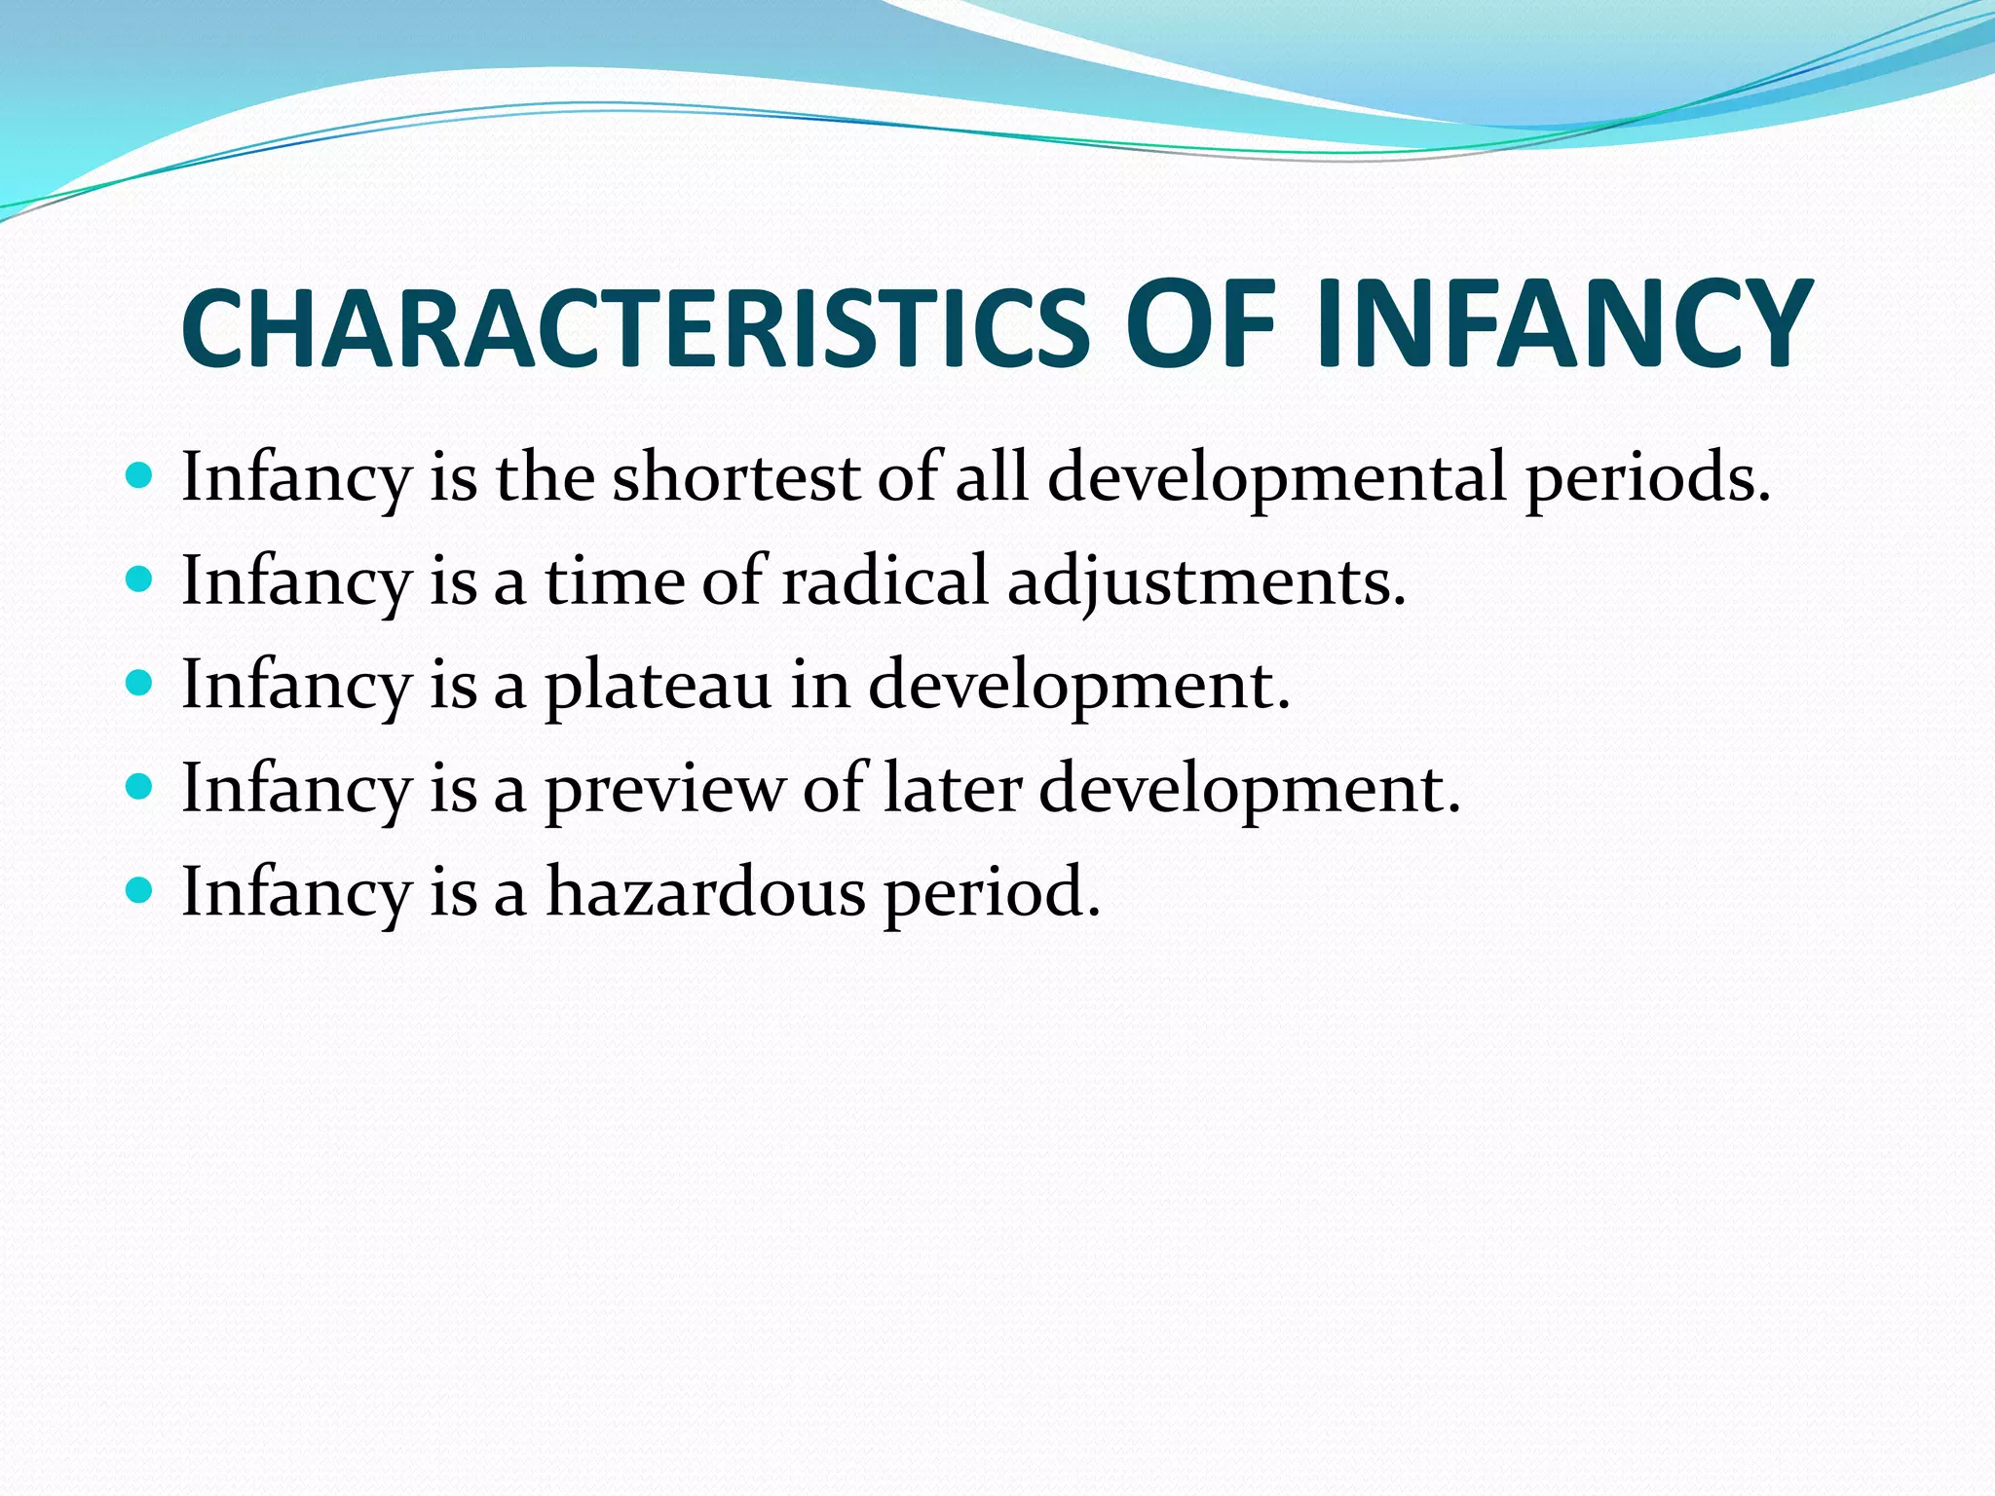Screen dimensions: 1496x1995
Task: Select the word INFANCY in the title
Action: coord(1562,324)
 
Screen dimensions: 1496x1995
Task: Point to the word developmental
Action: coord(1277,479)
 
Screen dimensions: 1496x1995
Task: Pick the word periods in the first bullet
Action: coord(1646,479)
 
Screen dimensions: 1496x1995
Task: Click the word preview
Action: coord(664,789)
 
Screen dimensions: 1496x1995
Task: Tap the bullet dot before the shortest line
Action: coord(140,476)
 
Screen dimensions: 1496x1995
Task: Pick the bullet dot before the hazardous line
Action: coord(140,890)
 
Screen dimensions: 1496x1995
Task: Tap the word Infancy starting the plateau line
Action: coord(296,686)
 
